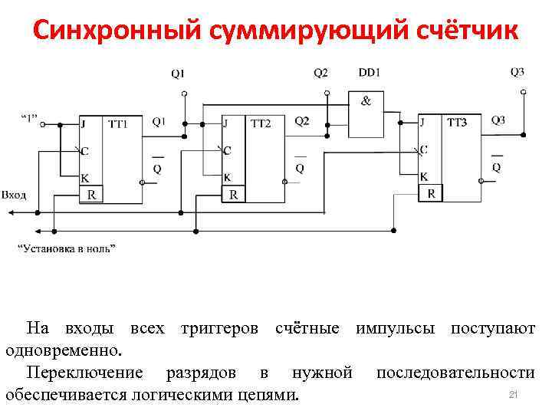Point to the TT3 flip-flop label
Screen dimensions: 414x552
457,122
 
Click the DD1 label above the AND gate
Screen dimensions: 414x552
370,73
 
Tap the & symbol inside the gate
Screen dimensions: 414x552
366,101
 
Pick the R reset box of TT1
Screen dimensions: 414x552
92,195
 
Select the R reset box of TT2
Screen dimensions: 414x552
234,195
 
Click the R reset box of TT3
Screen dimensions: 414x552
432,194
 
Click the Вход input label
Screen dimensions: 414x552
14,195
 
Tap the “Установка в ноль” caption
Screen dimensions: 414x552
67,248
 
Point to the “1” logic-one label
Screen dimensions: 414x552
28,119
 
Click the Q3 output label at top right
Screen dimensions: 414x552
517,72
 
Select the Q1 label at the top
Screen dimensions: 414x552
177,74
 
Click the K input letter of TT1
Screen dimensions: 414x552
84,177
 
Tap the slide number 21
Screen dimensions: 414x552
514,394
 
